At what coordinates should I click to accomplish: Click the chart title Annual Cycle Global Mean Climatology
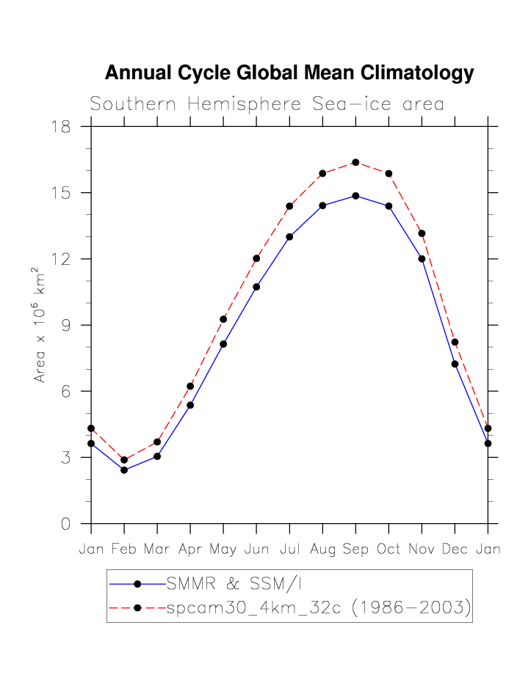pos(289,73)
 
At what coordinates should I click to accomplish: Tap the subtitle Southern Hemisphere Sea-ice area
pos(267,104)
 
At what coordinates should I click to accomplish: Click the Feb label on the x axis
pos(124,550)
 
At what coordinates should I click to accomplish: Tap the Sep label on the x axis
pos(355,550)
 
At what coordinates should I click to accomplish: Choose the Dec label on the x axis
pos(455,550)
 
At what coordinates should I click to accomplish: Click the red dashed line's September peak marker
pos(355,162)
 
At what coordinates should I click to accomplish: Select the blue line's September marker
pos(355,196)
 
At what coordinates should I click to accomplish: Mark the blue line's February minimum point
pos(124,470)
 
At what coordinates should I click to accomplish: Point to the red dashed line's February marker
pos(124,460)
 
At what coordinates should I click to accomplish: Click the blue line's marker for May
pos(223,344)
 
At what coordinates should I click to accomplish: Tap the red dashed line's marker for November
pos(422,233)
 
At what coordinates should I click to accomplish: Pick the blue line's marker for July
pos(289,237)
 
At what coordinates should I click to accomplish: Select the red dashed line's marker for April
pos(190,386)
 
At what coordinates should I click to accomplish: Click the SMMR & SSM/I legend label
pos(234,584)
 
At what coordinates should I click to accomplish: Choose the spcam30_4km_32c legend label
pos(318,607)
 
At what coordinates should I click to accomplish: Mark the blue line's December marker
pos(455,364)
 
